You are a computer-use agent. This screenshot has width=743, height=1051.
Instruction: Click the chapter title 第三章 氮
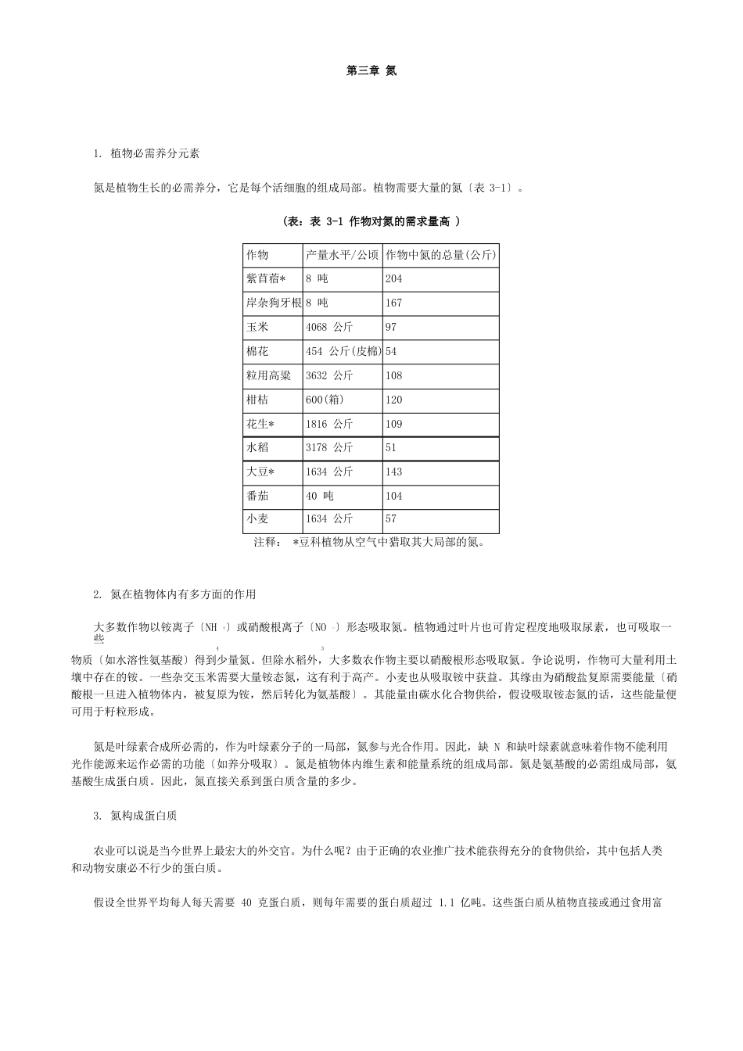(x=371, y=70)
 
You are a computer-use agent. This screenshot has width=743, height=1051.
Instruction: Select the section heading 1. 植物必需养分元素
(x=146, y=153)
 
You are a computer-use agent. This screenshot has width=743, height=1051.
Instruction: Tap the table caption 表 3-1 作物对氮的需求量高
(x=371, y=222)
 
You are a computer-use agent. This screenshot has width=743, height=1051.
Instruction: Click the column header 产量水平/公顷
(x=342, y=255)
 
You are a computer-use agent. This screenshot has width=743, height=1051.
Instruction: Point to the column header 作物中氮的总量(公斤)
(x=440, y=255)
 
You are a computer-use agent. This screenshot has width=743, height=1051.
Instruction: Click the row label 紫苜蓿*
(x=266, y=279)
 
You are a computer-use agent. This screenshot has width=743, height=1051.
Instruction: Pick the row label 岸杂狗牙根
(x=273, y=303)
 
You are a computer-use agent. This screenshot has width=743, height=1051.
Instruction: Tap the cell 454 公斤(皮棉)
(x=343, y=352)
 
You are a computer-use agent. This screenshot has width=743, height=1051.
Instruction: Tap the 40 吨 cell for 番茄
(x=320, y=497)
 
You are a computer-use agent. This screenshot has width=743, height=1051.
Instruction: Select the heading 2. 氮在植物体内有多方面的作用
(x=174, y=594)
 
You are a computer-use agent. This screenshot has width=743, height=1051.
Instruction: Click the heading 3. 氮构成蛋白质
(x=135, y=816)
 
